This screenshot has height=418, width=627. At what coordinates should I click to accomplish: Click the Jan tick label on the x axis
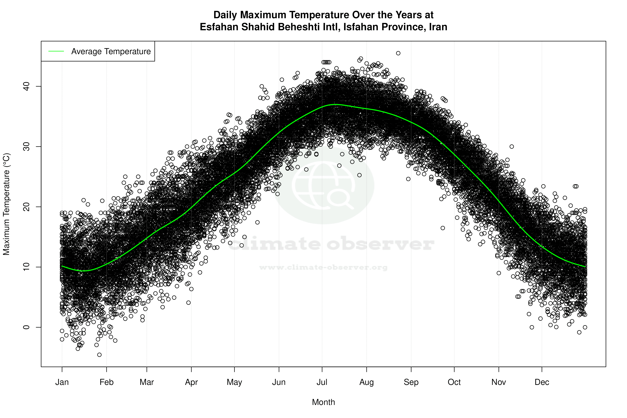coord(62,382)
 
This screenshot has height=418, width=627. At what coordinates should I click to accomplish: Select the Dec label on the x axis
coord(542,382)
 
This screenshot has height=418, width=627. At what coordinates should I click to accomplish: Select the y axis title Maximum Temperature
coord(6,204)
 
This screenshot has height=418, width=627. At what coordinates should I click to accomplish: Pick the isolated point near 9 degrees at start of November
coord(499,273)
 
